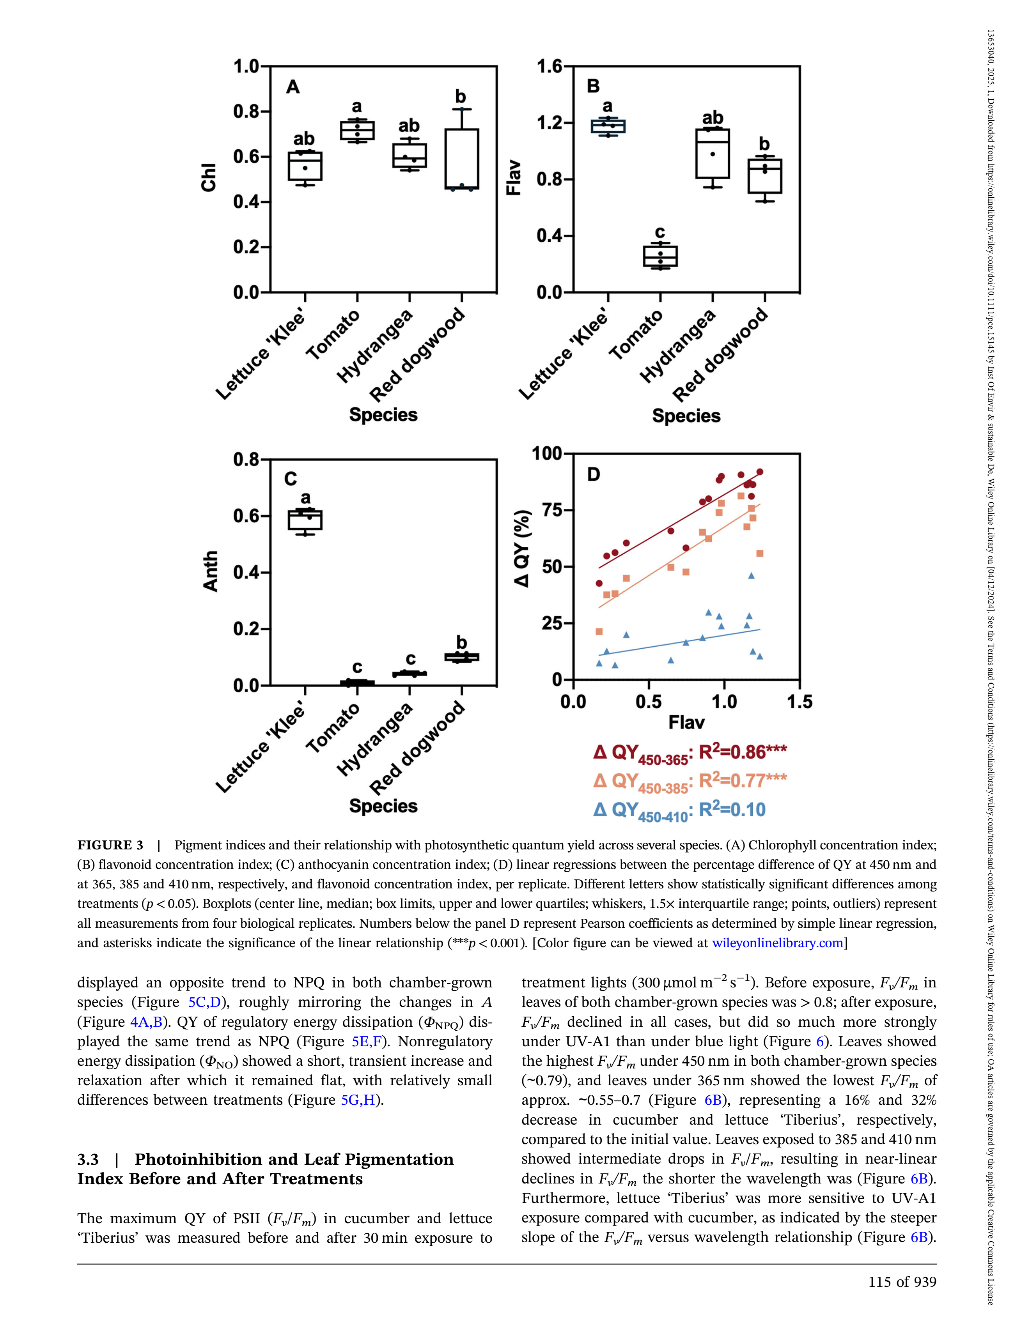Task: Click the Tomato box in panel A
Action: point(357,130)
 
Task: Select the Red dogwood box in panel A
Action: point(462,159)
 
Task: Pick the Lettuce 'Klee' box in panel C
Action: point(305,520)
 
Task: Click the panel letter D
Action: point(594,475)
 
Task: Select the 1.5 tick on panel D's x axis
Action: point(800,702)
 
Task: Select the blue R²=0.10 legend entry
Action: point(679,810)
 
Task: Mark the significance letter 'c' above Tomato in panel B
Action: point(660,232)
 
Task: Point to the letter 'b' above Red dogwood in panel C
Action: point(462,642)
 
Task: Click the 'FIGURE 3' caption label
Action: point(110,845)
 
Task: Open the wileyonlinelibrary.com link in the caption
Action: point(777,943)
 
